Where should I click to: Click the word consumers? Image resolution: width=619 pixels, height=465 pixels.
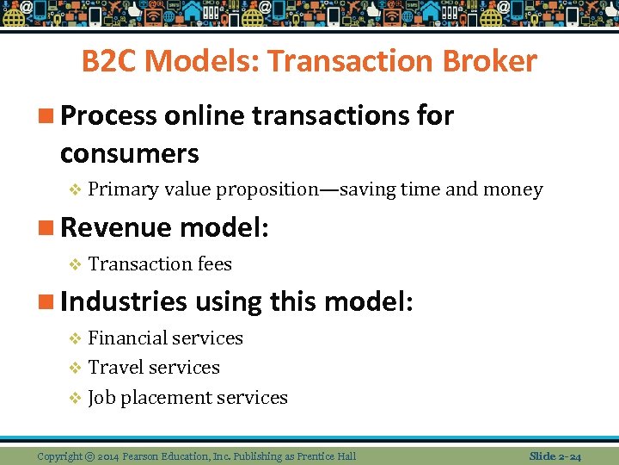point(130,153)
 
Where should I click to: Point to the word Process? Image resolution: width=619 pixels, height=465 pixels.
point(109,115)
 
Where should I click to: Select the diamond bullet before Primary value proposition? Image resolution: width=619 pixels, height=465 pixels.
point(75,190)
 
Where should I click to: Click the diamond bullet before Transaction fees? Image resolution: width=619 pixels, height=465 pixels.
point(75,264)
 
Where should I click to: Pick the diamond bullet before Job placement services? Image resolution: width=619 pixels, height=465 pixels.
point(75,398)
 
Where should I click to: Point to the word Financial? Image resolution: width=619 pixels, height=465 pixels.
point(126,338)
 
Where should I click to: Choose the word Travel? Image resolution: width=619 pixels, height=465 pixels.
point(116,368)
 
